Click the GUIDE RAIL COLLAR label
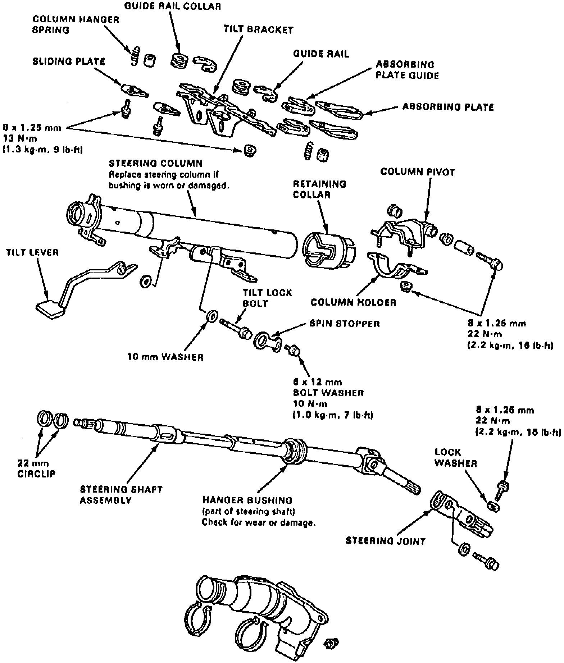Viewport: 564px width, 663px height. click(172, 6)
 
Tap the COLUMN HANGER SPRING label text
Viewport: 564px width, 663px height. click(76, 24)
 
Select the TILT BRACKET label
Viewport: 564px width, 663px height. click(258, 29)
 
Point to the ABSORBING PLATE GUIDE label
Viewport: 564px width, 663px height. click(407, 70)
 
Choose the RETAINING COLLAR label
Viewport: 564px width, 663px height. click(319, 189)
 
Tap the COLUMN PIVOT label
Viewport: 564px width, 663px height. click(418, 172)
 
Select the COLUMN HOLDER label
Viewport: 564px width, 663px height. click(353, 302)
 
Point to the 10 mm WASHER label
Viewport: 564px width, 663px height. click(165, 357)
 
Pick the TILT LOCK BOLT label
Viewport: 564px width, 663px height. click(267, 298)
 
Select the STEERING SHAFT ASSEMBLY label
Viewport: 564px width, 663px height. click(121, 495)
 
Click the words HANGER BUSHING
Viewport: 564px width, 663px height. click(247, 500)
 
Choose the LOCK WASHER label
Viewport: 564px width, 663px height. click(455, 458)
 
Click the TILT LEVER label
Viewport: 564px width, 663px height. click(32, 252)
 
